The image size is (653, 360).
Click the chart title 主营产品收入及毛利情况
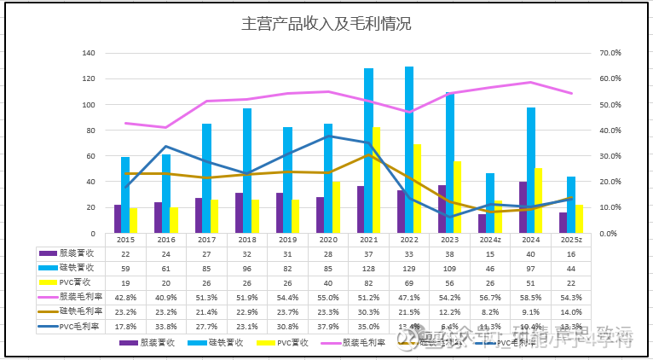327,23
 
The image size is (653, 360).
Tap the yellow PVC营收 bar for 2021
376,180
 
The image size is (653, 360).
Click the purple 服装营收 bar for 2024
522,207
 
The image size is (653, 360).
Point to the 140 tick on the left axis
89,53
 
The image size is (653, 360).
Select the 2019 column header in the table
288,241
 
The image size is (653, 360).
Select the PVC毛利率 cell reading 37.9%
328,326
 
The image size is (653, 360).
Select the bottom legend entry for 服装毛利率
357,343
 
